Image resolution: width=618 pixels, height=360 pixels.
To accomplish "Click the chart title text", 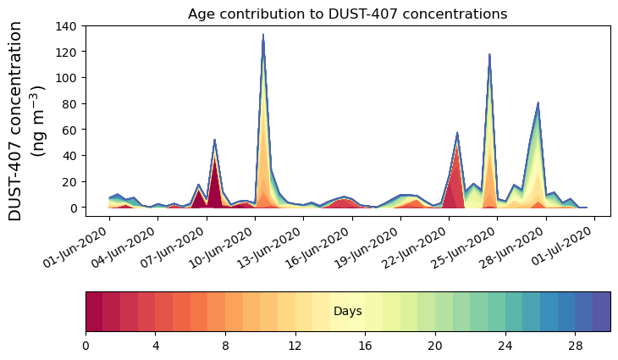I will tap(347, 14).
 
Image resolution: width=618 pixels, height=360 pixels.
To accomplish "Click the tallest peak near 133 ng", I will tap(263, 36).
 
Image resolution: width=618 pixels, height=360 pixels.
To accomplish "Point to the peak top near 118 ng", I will tap(489, 55).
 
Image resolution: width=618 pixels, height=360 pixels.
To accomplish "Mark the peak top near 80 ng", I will tap(538, 103).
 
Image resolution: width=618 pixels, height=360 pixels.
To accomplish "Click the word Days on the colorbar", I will tap(347, 312).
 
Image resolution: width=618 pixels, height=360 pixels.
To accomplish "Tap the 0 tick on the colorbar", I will tap(86, 346).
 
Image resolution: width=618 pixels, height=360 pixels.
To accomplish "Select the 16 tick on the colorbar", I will tap(365, 346).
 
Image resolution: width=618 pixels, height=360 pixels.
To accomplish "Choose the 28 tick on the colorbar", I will tap(575, 346).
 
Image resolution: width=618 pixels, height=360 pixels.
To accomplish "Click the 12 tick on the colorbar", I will tap(295, 346).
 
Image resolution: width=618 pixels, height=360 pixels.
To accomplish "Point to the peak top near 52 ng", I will tap(215, 140).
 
